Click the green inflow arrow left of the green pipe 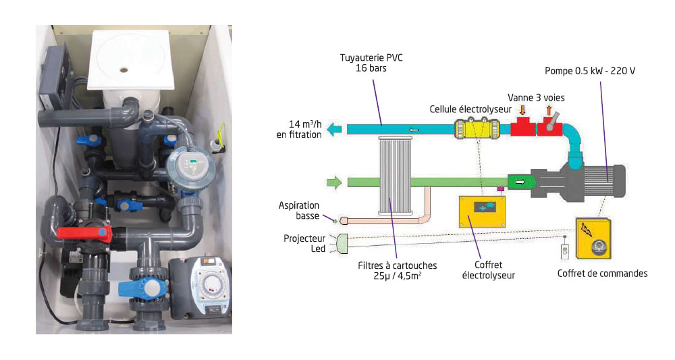point(334,182)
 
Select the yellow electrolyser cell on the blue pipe point(477,128)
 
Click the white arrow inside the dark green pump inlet point(520,181)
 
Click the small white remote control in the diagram point(565,251)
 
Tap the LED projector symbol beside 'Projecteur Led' point(341,242)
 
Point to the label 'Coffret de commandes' point(603,274)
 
